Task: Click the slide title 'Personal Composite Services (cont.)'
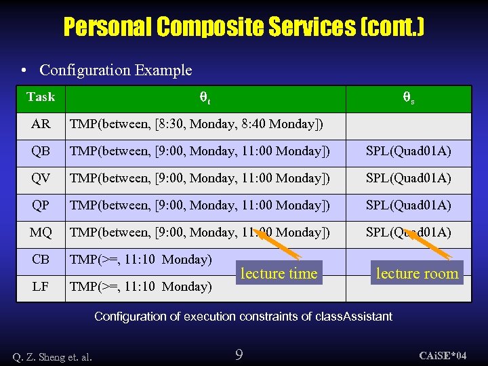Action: [x=244, y=27]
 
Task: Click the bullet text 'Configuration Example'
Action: [x=115, y=70]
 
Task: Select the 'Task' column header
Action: [x=41, y=97]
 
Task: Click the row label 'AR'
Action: [x=41, y=124]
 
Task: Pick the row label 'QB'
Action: [x=41, y=151]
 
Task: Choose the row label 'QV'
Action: [x=41, y=178]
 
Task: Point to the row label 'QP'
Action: [x=41, y=205]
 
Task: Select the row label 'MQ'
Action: [x=41, y=232]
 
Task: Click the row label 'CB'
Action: [x=41, y=260]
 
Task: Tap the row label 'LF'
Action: [x=41, y=287]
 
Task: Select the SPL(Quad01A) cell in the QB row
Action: [x=409, y=151]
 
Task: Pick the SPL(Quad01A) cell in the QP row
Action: [x=409, y=205]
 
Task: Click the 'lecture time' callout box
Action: [x=279, y=273]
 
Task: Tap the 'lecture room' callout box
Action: [x=417, y=273]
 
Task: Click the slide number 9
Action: [x=239, y=354]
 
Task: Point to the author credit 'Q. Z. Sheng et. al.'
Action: [x=52, y=355]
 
